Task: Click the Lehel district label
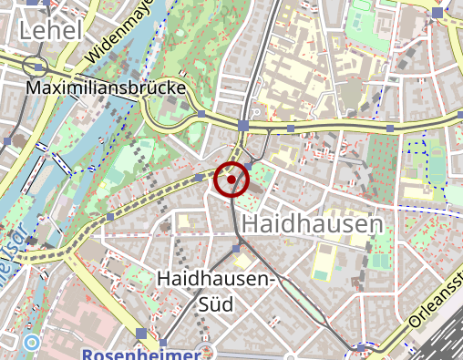click(50, 31)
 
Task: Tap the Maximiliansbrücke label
click(107, 89)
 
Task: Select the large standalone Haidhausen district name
click(313, 223)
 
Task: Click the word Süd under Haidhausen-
click(217, 303)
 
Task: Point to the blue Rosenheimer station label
click(140, 354)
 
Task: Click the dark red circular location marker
click(231, 180)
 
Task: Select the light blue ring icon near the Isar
click(32, 344)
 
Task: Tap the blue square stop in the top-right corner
click(438, 12)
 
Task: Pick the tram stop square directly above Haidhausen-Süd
click(236, 248)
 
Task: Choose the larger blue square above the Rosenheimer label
click(140, 333)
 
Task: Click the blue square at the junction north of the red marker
click(243, 124)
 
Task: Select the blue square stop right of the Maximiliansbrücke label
click(200, 115)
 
